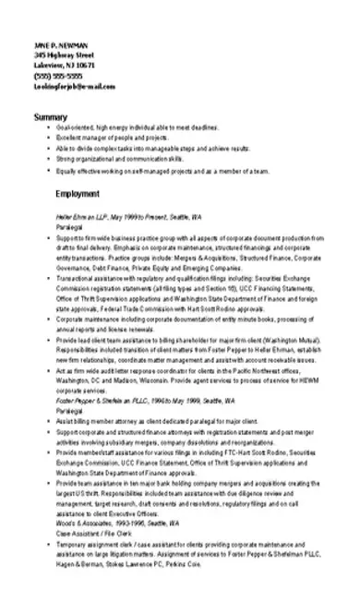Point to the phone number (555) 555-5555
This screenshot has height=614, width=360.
[54, 77]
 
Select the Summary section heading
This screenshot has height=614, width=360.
[50, 116]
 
